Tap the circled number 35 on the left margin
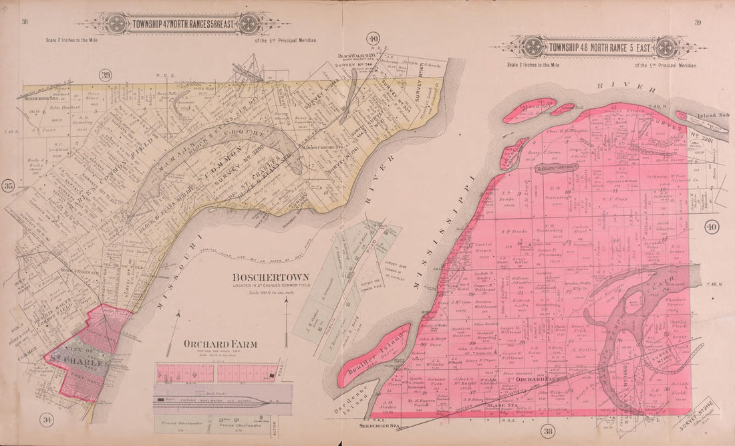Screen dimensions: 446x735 (9, 186)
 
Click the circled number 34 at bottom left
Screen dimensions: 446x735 (46, 420)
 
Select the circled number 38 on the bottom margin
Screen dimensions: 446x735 (549, 431)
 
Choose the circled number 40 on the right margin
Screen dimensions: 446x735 (711, 227)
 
